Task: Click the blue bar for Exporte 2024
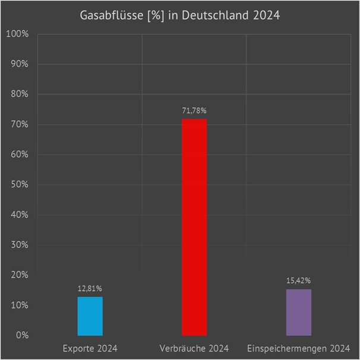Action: click(x=90, y=316)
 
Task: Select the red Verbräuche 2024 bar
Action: click(x=194, y=228)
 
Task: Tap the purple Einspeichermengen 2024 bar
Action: click(x=299, y=312)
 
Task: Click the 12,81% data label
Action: click(x=90, y=289)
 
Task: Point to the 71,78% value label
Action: click(x=194, y=111)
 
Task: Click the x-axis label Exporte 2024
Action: click(x=90, y=348)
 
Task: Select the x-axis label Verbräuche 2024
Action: click(x=194, y=348)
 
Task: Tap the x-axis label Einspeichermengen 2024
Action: click(x=299, y=348)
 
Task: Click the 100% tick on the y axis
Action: click(x=17, y=34)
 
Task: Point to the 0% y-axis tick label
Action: click(x=22, y=336)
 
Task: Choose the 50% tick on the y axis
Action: click(x=19, y=185)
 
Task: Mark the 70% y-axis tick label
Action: click(x=19, y=124)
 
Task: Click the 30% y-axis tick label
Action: click(x=19, y=245)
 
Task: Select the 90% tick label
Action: click(x=19, y=64)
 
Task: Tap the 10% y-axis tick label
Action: click(x=19, y=305)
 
